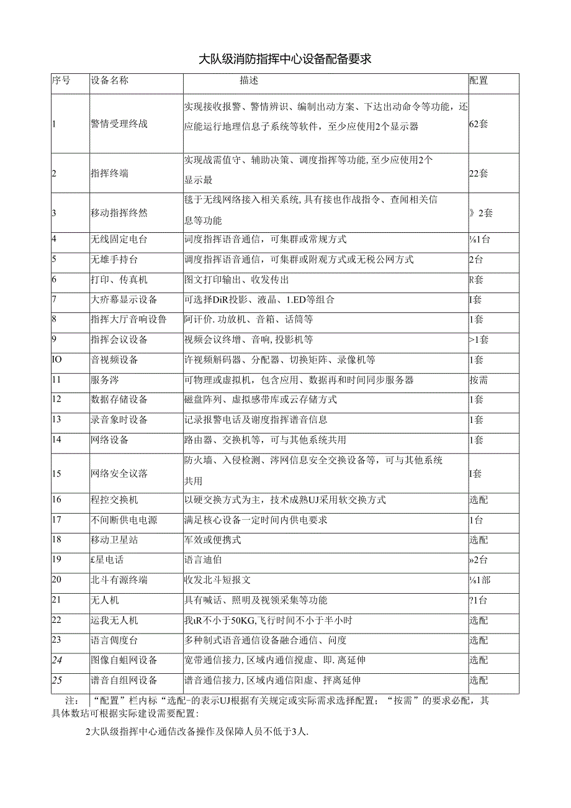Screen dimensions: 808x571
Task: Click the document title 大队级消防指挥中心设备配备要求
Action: (285, 60)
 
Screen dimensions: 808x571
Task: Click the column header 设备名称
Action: (109, 81)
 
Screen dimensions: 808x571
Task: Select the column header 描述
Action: (249, 81)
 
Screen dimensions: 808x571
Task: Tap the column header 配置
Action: (479, 81)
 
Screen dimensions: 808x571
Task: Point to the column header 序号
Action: (61, 81)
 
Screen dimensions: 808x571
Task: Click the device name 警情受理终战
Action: (119, 124)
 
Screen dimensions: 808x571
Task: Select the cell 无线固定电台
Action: (119, 239)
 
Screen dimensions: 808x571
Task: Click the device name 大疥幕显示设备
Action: (124, 299)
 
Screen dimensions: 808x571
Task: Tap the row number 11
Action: (57, 379)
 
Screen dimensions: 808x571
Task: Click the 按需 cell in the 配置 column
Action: (479, 379)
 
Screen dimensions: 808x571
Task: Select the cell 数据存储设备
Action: (119, 399)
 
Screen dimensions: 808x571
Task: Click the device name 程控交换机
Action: (114, 499)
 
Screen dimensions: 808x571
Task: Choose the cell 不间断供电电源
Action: (124, 520)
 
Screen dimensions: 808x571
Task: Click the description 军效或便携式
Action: (213, 540)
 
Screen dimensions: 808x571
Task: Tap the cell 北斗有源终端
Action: (119, 580)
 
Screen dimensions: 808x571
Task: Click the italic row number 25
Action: (57, 680)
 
